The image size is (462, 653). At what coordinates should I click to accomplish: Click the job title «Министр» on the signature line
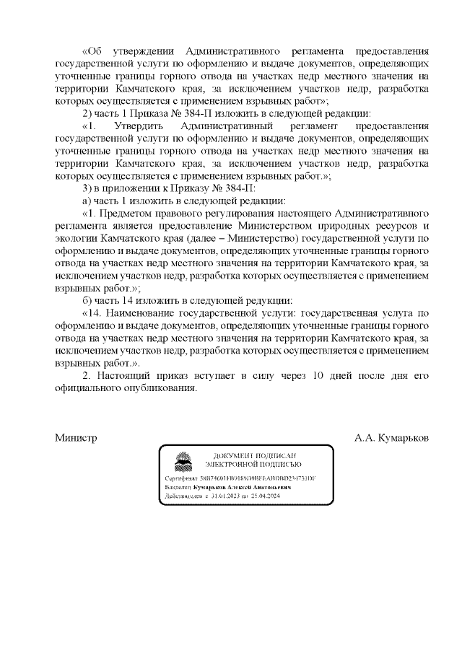point(77,438)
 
